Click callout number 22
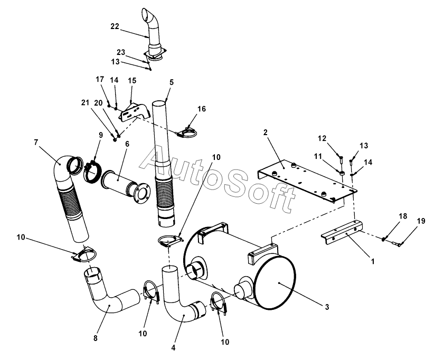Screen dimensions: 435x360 [115, 26]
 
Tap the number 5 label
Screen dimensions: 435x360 [172, 82]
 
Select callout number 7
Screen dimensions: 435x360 [36, 143]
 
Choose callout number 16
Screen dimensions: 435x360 [202, 109]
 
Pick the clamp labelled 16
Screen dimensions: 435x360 [187, 132]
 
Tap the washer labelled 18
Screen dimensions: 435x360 [384, 239]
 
